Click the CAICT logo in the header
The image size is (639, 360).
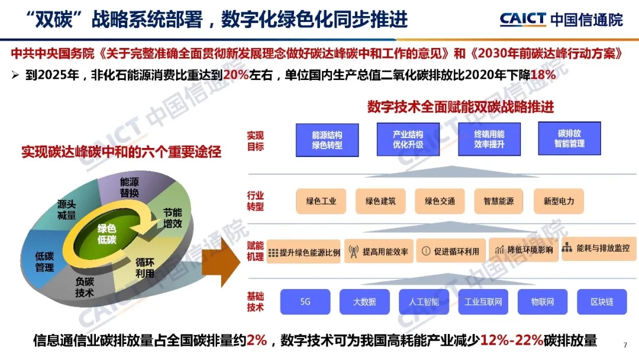523,19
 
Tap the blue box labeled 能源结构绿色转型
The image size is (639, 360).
327,140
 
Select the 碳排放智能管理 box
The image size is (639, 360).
569,139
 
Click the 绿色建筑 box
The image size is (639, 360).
380,201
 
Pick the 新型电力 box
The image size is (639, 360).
559,201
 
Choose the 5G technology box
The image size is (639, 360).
305,302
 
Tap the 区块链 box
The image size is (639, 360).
602,302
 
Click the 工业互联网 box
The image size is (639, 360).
483,302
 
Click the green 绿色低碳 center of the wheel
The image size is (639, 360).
106,234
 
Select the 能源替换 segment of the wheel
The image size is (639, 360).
129,187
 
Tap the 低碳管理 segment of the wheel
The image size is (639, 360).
44,261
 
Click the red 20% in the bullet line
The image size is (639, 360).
235,75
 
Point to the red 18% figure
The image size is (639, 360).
543,75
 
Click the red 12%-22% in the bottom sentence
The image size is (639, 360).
511,340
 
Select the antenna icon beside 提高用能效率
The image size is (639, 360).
353,252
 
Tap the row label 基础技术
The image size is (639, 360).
255,302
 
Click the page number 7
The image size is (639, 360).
625,345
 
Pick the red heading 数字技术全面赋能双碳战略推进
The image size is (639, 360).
460,107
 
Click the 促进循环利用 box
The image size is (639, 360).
451,251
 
